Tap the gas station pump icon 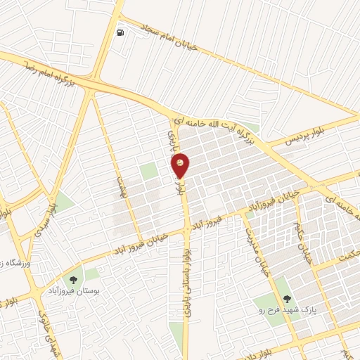tap(122, 33)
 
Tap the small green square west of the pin tap(148, 171)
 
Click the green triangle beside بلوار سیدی tap(64, 203)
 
